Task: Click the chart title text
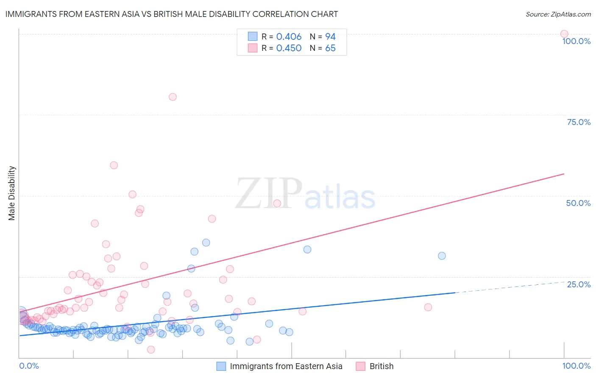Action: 172,14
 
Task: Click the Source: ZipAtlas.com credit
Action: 558,14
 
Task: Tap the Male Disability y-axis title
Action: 12,193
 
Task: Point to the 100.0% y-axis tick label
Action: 576,41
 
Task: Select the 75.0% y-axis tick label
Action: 579,122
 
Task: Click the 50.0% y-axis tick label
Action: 578,203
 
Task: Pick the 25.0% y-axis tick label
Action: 579,284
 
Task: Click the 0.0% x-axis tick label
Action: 29,366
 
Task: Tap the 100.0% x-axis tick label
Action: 576,366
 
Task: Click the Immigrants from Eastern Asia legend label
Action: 286,366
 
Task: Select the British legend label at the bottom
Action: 381,366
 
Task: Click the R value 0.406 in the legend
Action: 289,37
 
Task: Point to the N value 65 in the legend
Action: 330,48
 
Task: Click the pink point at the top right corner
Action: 564,34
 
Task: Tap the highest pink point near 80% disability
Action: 173,97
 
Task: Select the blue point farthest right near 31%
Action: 442,256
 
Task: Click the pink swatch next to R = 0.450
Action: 253,48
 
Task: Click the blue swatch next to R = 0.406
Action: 253,36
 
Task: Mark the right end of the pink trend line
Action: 564,174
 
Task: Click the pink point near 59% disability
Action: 114,165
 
